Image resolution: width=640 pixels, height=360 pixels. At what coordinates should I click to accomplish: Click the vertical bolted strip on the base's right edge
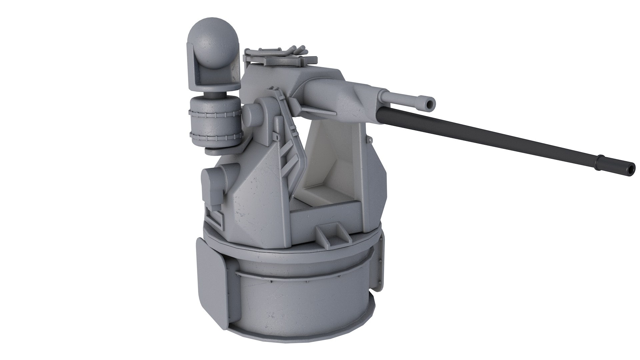point(380,263)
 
